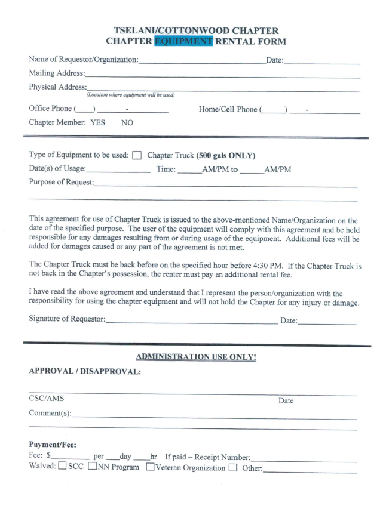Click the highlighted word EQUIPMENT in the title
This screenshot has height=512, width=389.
[182, 41]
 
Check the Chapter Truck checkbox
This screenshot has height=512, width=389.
[137, 156]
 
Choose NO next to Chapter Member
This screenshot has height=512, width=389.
[127, 123]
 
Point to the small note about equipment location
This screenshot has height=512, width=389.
[130, 95]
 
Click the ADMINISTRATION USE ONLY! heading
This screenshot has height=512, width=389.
[196, 357]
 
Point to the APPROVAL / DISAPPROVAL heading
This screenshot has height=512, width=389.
[84, 371]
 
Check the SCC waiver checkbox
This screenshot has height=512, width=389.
[62, 467]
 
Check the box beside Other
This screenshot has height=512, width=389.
[233, 467]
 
